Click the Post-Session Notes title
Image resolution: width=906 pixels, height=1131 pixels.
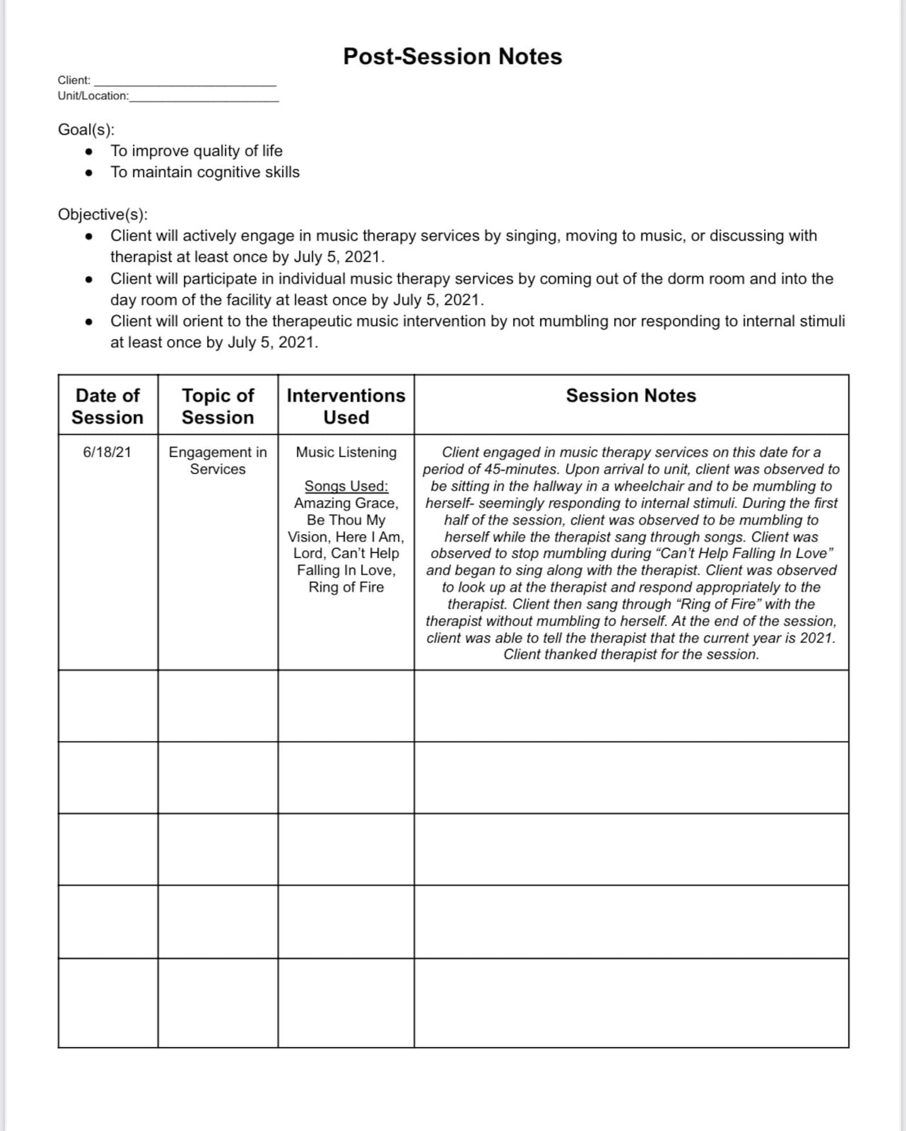tap(452, 56)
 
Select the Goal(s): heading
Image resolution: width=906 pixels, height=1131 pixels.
tap(86, 129)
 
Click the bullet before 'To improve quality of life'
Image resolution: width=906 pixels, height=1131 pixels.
tap(88, 151)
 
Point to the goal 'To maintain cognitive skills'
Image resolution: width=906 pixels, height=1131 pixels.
tap(205, 172)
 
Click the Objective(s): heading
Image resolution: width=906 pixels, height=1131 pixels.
tap(103, 214)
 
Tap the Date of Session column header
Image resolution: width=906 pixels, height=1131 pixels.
tap(107, 406)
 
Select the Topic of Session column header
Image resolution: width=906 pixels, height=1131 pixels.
tap(217, 406)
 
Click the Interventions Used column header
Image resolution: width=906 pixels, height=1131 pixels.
tap(346, 406)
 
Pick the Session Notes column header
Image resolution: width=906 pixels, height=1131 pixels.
tap(631, 396)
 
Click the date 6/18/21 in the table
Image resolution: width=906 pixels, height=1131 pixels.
tap(107, 452)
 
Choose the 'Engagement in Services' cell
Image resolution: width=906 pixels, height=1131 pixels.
tap(217, 460)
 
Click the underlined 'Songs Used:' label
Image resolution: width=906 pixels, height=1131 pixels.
tap(346, 486)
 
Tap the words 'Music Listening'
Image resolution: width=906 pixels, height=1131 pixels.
tap(346, 452)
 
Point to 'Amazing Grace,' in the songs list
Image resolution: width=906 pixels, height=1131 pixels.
tap(346, 503)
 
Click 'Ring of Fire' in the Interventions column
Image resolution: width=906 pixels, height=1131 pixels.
tap(346, 587)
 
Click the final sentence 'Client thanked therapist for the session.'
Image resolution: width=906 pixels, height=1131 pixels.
tap(631, 654)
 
